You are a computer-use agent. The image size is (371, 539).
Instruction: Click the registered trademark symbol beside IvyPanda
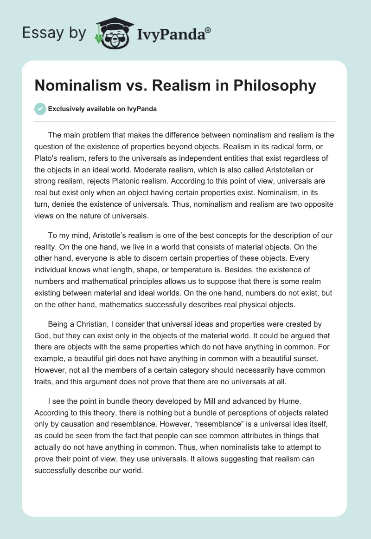[x=208, y=30]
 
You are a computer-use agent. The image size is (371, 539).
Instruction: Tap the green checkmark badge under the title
[x=40, y=109]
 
